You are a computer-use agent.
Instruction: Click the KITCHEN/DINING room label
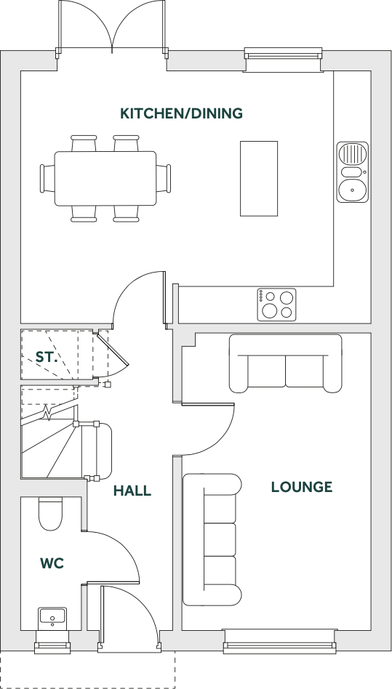[x=181, y=113]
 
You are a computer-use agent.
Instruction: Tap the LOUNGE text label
[x=301, y=487]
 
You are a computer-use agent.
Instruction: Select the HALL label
[x=132, y=491]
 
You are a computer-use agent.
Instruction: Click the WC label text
[x=52, y=563]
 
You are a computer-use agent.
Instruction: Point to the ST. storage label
[x=47, y=357]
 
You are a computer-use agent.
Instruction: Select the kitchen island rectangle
[x=259, y=178]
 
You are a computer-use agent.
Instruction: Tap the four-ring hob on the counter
[x=277, y=305]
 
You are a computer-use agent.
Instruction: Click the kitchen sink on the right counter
[x=352, y=172]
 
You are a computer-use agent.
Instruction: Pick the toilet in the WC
[x=51, y=515]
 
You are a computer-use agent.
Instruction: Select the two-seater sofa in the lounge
[x=285, y=363]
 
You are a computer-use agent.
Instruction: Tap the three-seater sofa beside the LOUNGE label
[x=212, y=539]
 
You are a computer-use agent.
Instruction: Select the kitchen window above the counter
[x=283, y=58]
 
